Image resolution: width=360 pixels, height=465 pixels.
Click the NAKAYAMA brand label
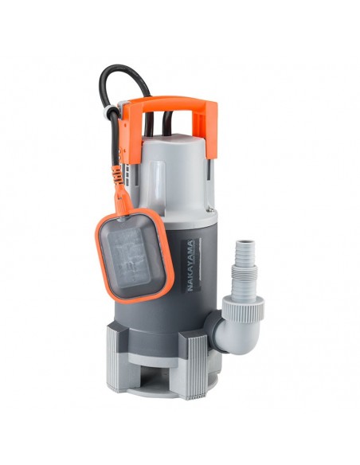pos(191,265)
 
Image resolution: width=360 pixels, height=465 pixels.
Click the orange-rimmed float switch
pos(134,256)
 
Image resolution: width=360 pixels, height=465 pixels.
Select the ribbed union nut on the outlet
pos(243,308)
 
